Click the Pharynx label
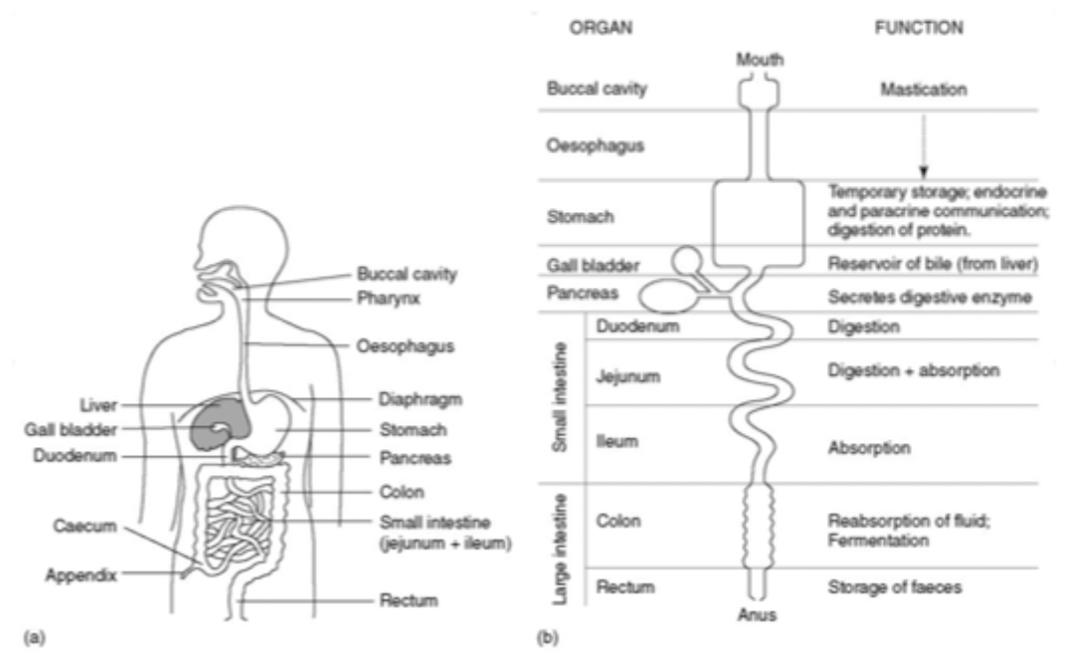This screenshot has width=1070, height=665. coord(388,299)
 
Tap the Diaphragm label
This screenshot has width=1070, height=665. coord(421,399)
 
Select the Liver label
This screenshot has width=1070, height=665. coord(98,405)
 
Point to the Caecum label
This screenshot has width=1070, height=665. coord(85,527)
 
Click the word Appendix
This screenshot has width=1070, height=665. coord(82,575)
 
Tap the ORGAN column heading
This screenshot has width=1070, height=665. coord(601,27)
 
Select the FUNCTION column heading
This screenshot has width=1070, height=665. coord(919,27)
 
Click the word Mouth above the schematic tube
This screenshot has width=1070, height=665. coord(760,60)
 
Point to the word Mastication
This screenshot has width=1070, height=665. coord(923,90)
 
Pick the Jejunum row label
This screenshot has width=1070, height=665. coord(627,376)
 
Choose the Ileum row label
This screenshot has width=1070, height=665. coord(617,442)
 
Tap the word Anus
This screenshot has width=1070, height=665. coord(757,615)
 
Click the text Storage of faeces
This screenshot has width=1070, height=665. coord(895,587)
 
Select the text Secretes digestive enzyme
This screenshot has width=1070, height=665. coord(930,298)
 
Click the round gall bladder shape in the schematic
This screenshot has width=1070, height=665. coord(686,261)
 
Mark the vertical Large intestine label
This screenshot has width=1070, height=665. coord(560,549)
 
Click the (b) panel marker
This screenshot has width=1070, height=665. coord(547,638)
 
